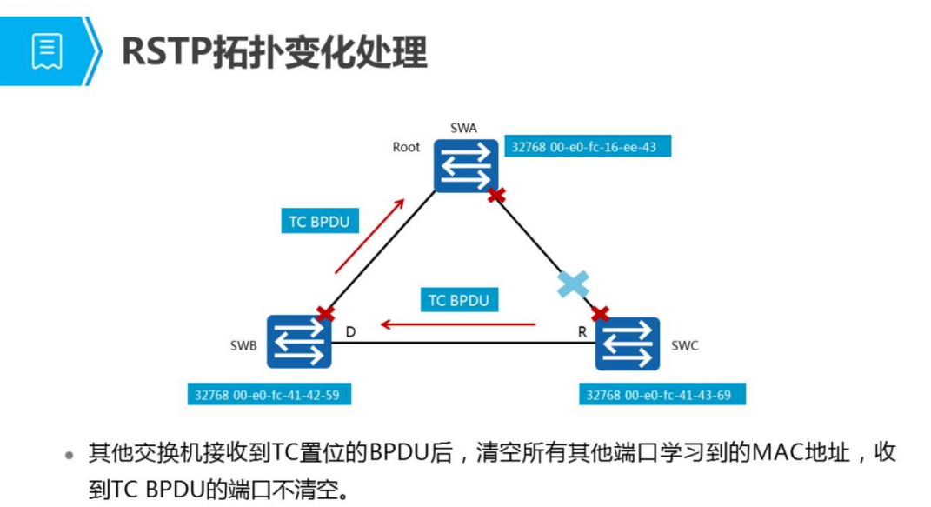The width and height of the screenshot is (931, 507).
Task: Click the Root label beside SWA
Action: (406, 147)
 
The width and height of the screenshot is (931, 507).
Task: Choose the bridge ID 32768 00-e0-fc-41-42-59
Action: (268, 394)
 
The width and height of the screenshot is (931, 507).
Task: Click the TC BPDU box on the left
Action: (319, 222)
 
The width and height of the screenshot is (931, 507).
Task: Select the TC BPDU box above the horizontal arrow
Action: (458, 301)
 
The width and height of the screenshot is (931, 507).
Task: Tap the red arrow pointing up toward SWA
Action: (369, 236)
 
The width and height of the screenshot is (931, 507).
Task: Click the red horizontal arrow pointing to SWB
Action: (458, 325)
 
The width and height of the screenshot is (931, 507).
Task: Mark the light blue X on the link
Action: (573, 284)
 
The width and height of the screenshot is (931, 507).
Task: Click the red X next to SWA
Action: (496, 196)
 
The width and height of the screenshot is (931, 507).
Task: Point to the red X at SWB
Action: (326, 313)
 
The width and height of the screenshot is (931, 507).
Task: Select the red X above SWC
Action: (599, 313)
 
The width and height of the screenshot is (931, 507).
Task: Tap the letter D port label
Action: (350, 331)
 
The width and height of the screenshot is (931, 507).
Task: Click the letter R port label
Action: (582, 331)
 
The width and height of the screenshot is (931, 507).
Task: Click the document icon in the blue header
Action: (47, 50)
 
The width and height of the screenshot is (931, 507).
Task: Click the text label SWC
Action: (685, 345)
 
